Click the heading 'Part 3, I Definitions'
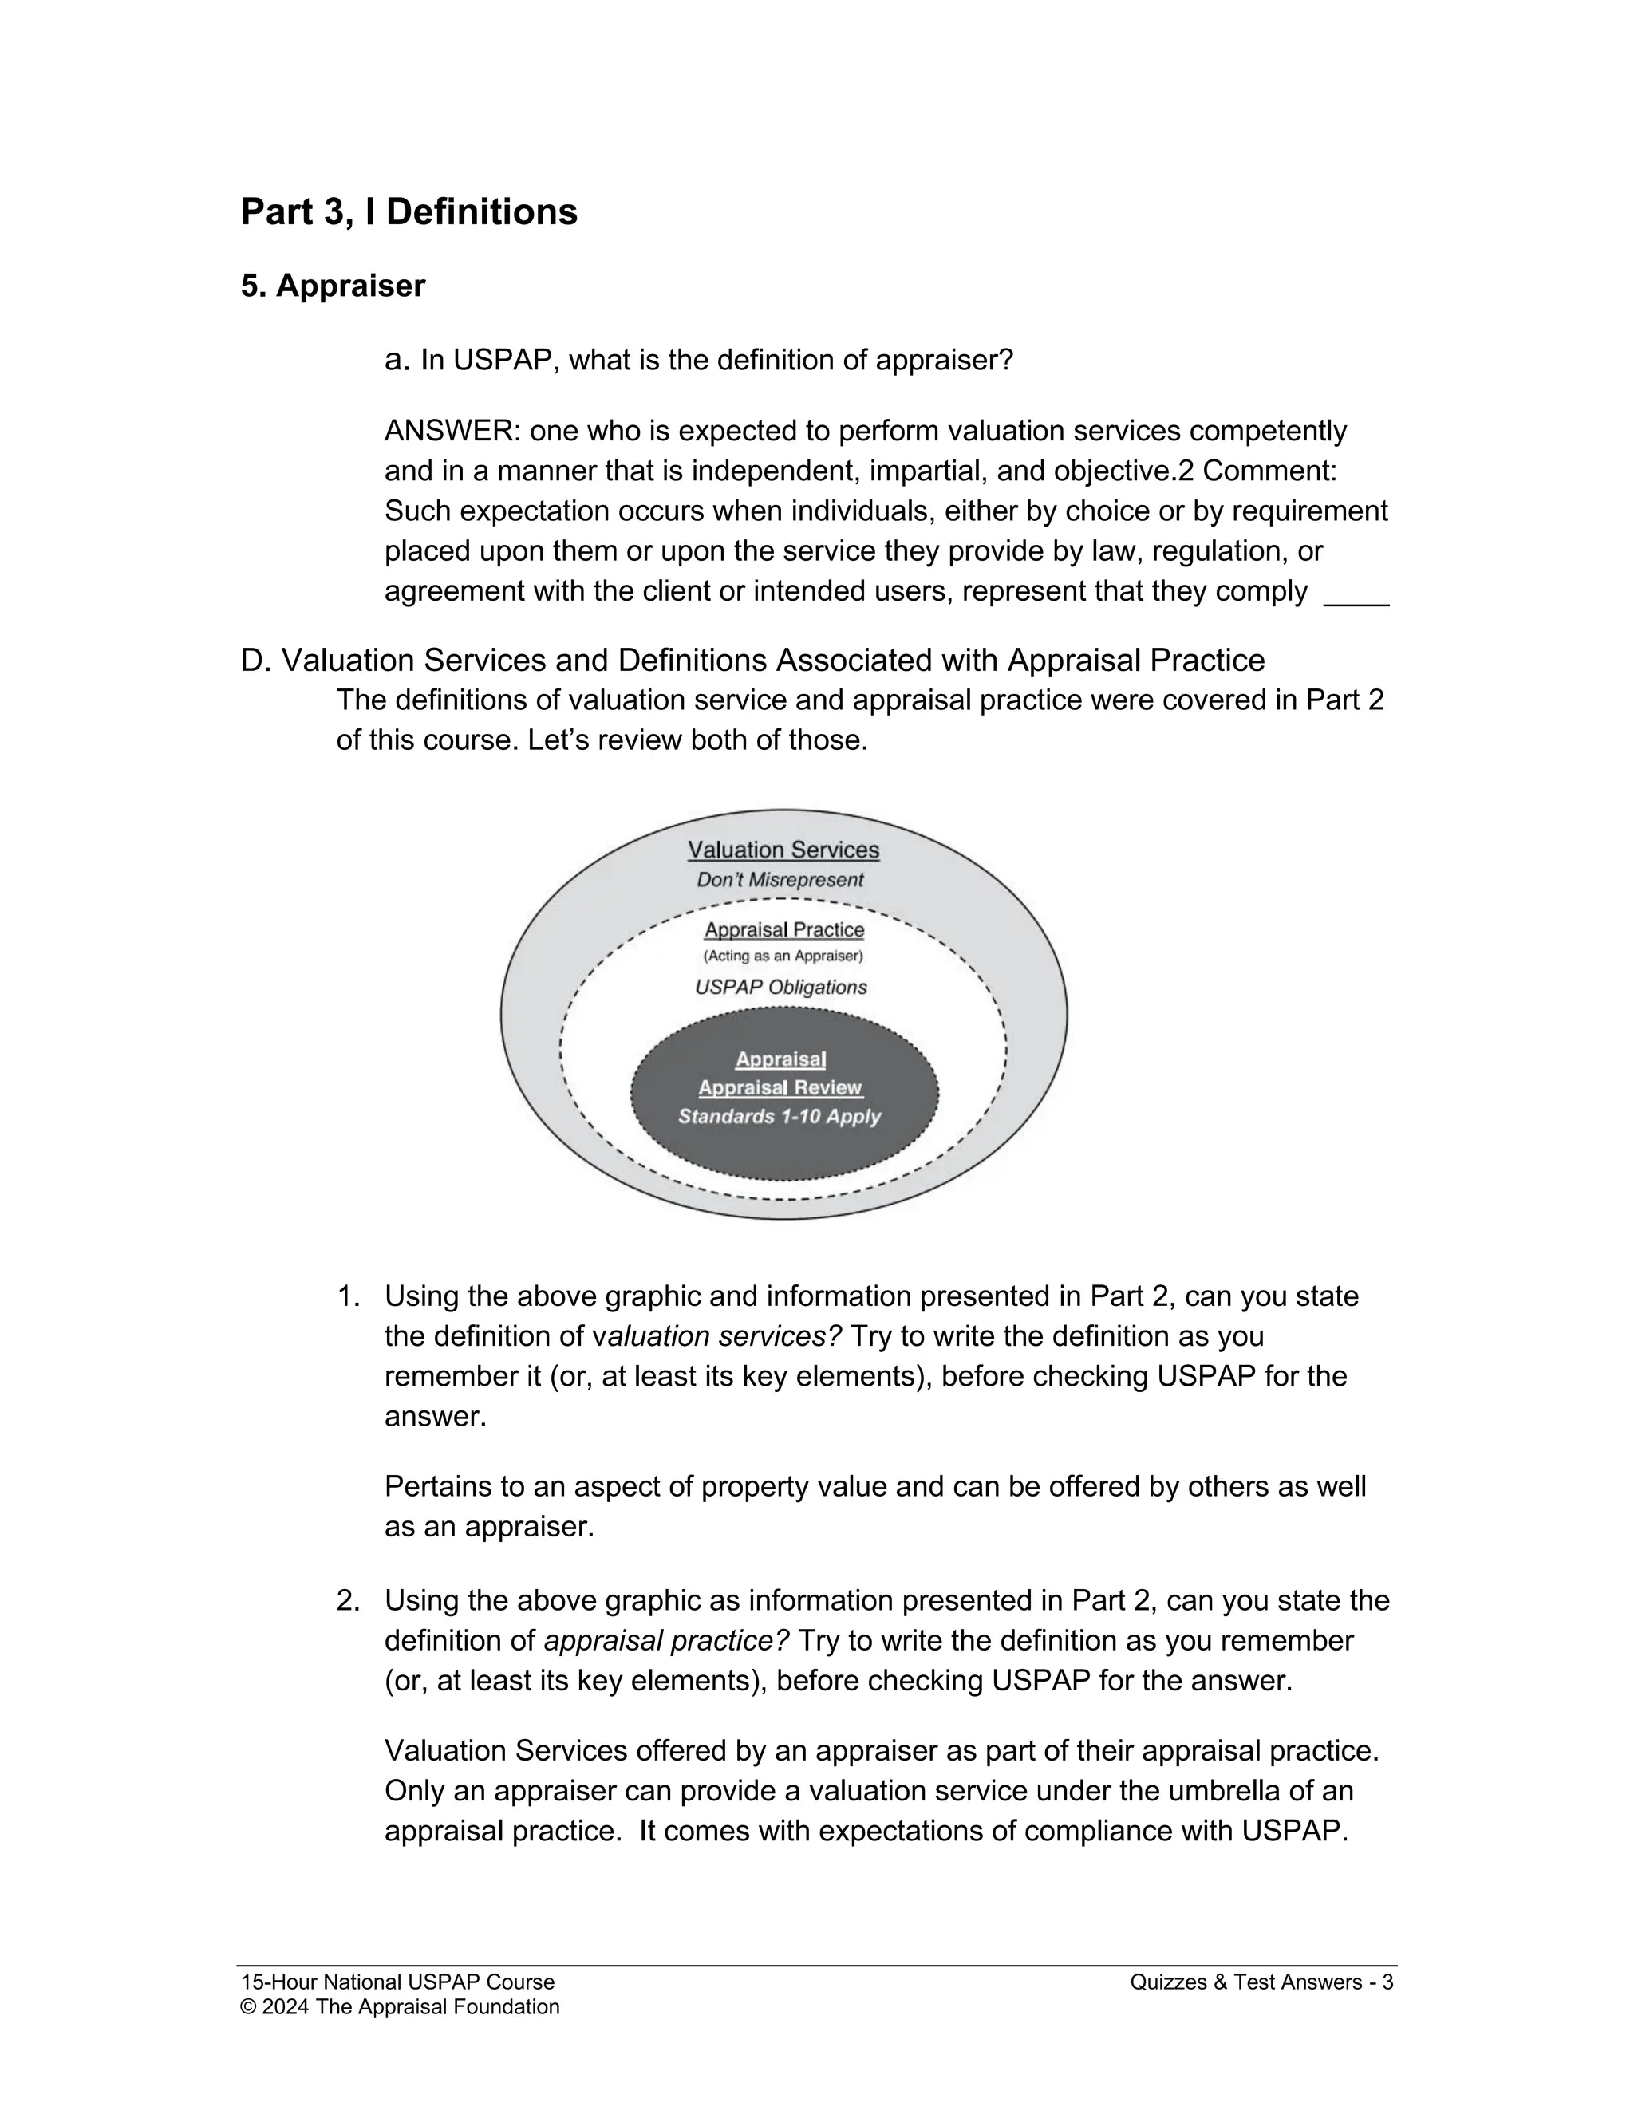click(408, 212)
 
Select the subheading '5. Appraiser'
click(332, 286)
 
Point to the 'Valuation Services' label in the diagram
click(783, 850)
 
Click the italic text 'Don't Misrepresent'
click(780, 880)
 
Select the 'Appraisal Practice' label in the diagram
click(784, 930)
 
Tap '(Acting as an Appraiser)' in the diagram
click(782, 956)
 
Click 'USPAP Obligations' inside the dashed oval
click(780, 988)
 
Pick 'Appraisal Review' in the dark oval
click(780, 1088)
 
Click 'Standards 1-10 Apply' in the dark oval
click(780, 1117)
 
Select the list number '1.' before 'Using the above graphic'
click(349, 1296)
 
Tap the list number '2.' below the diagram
click(349, 1601)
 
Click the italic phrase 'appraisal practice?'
click(667, 1642)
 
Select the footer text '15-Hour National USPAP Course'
click(397, 1982)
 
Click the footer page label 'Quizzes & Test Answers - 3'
click(1261, 1982)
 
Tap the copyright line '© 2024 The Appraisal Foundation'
click(400, 2006)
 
